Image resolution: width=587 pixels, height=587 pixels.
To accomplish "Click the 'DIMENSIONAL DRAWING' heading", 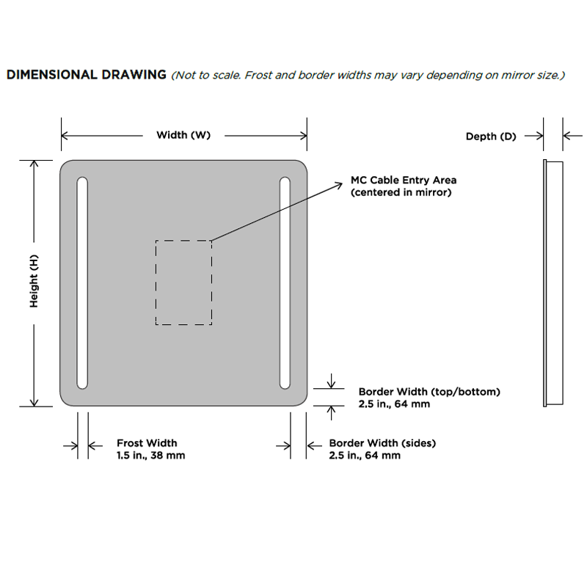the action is (87, 75).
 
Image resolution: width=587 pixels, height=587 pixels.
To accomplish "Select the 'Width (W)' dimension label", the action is (183, 135).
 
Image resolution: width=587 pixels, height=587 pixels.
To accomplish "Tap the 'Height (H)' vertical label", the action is (34, 281).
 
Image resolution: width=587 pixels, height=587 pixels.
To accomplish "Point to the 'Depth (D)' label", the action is (491, 136).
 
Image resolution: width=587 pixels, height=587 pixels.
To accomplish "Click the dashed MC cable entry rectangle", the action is (156, 282).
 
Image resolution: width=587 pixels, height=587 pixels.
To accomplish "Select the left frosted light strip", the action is (82, 283).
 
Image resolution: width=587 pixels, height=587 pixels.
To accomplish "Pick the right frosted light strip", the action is (285, 283).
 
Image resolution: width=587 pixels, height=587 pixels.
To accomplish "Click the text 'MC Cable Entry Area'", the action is (404, 180).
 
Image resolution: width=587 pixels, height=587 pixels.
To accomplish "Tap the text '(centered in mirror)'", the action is (401, 192).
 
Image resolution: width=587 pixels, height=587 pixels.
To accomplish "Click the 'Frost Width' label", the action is (147, 443).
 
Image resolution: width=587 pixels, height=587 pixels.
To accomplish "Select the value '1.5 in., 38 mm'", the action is (151, 456).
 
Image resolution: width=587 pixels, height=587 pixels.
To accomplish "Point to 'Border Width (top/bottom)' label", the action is (429, 392).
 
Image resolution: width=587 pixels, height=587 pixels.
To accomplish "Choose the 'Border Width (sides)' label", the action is (382, 443).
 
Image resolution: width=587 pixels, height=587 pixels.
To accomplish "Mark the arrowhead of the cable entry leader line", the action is (340, 184).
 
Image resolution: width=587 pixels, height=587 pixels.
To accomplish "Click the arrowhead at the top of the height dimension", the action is (34, 163).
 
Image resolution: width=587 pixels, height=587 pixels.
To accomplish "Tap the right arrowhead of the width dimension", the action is (304, 136).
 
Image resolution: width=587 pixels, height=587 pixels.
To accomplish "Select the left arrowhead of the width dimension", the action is (65, 136).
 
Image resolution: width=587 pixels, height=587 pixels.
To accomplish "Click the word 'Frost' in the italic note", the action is (258, 76).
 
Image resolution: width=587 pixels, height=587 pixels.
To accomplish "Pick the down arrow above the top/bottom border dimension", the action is (332, 381).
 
